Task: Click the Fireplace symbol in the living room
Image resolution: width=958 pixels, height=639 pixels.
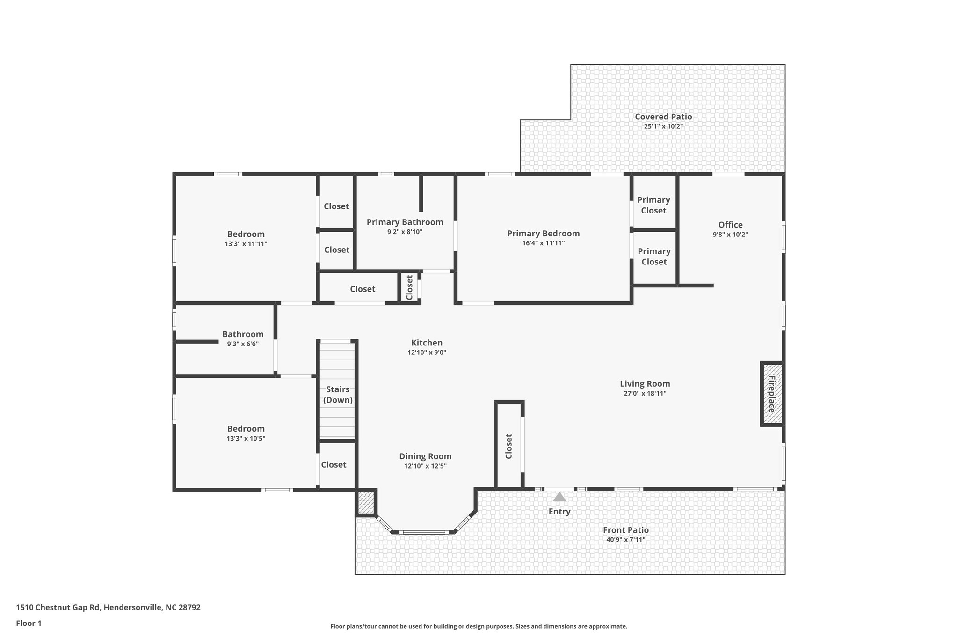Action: pos(771,394)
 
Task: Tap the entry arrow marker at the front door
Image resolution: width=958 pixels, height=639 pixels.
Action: pos(559,497)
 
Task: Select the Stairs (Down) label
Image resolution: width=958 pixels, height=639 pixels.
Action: pos(338,395)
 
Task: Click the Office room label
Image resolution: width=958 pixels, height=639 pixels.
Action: pos(730,225)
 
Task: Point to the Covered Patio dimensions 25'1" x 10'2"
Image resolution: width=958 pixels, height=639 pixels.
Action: pos(663,126)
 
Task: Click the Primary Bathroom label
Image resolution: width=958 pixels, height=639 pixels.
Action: pos(405,222)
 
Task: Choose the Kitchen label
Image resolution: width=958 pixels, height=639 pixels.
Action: pos(427,343)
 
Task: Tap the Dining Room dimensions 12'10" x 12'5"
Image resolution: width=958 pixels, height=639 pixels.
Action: pos(425,466)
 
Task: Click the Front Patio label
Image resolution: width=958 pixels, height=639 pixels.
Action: pos(625,530)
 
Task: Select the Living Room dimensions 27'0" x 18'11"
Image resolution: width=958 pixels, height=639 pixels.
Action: pos(645,394)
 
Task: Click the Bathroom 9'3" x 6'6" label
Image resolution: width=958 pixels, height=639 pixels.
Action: pos(243,334)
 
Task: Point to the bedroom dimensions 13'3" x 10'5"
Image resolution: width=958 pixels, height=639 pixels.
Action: pos(246,439)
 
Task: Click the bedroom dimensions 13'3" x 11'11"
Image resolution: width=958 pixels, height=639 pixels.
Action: pos(246,244)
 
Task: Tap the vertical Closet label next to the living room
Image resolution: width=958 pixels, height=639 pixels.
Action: pos(509,446)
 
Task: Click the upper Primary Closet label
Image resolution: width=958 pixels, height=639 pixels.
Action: pos(653,205)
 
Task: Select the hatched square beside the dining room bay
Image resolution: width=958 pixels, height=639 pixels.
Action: pos(366,502)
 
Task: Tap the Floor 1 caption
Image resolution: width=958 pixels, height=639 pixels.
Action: pos(29,623)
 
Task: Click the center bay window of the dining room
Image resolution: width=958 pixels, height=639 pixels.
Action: pos(424,532)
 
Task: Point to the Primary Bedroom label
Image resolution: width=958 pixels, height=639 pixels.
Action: pos(543,233)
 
